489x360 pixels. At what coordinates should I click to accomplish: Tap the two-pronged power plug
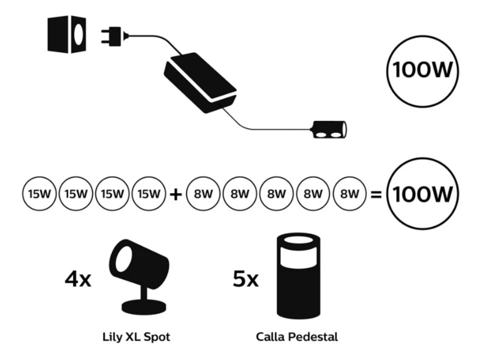[114, 36]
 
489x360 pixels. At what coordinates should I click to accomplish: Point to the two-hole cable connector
[328, 129]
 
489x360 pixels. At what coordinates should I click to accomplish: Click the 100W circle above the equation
[423, 70]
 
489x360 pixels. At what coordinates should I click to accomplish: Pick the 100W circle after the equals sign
[423, 194]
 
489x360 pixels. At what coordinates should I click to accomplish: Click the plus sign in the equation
[176, 194]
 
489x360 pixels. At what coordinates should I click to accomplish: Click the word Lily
[112, 336]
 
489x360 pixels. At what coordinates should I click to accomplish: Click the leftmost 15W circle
[38, 194]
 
